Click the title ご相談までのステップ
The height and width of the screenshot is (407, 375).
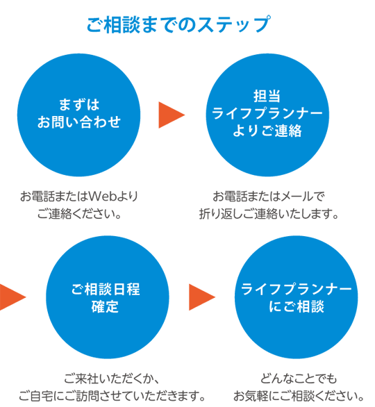[x=178, y=25]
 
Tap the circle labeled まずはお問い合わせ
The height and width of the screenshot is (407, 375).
[x=79, y=115]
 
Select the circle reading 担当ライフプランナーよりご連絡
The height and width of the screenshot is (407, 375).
[x=267, y=115]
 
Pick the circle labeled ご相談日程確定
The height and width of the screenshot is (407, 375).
[x=108, y=297]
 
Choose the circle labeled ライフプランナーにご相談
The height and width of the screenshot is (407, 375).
[x=296, y=297]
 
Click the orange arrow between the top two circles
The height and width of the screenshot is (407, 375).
[x=172, y=115]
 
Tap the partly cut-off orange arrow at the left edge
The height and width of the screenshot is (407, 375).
[x=12, y=297]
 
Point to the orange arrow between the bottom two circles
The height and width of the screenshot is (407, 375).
[x=202, y=297]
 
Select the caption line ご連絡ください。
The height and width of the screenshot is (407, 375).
[x=79, y=214]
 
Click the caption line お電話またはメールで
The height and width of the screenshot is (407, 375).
[x=269, y=197]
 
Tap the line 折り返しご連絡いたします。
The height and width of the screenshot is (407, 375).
[x=269, y=214]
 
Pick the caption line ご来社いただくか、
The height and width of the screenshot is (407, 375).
[x=111, y=379]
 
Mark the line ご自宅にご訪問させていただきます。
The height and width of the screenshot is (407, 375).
[x=112, y=396]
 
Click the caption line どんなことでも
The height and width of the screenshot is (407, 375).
[x=299, y=379]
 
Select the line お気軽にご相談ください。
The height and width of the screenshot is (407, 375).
[x=299, y=396]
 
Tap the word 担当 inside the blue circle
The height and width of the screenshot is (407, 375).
[x=267, y=96]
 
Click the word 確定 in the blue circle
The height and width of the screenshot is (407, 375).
[x=105, y=306]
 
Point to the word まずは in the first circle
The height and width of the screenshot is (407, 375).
[x=79, y=105]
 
